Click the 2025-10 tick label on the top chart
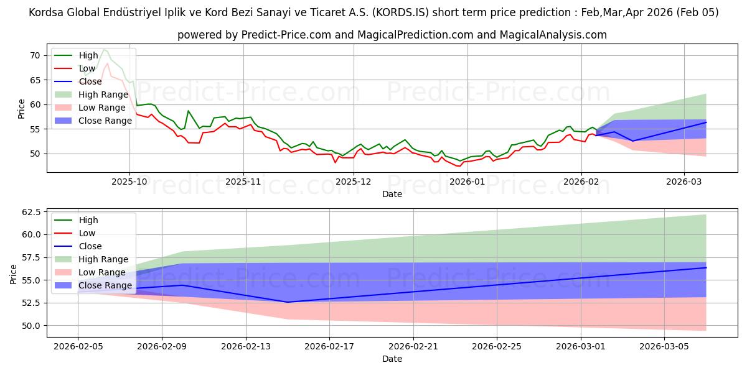pyautogui.click(x=129, y=181)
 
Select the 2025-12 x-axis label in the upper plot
pyautogui.click(x=354, y=181)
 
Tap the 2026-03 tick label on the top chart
pyautogui.click(x=684, y=181)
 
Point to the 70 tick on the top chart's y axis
pyautogui.click(x=35, y=55)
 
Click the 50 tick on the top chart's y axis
pyautogui.click(x=35, y=154)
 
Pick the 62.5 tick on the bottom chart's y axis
pyautogui.click(x=30, y=212)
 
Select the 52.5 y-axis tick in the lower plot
pyautogui.click(x=30, y=303)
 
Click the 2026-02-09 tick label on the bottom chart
pyautogui.click(x=162, y=346)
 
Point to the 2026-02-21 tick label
pyautogui.click(x=413, y=346)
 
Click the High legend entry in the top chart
pyautogui.click(x=88, y=55)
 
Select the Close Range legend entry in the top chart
pyautogui.click(x=105, y=121)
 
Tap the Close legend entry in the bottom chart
pyautogui.click(x=90, y=246)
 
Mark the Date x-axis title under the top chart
pyautogui.click(x=392, y=194)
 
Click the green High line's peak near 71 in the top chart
pyautogui.click(x=104, y=49)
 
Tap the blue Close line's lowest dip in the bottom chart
pyautogui.click(x=288, y=302)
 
